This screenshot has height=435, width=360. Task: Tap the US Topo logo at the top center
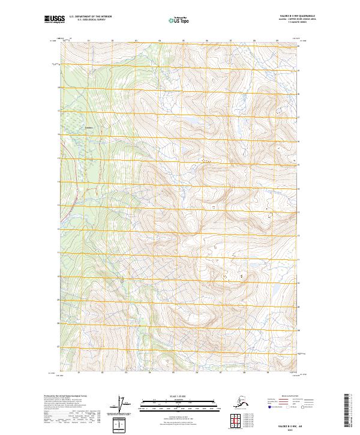pyautogui.click(x=179, y=20)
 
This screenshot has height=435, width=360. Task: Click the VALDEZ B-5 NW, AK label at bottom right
pyautogui.click(x=293, y=423)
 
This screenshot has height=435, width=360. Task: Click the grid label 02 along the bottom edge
pyautogui.click(x=103, y=372)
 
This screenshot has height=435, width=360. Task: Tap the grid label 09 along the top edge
pyautogui.click(x=277, y=41)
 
